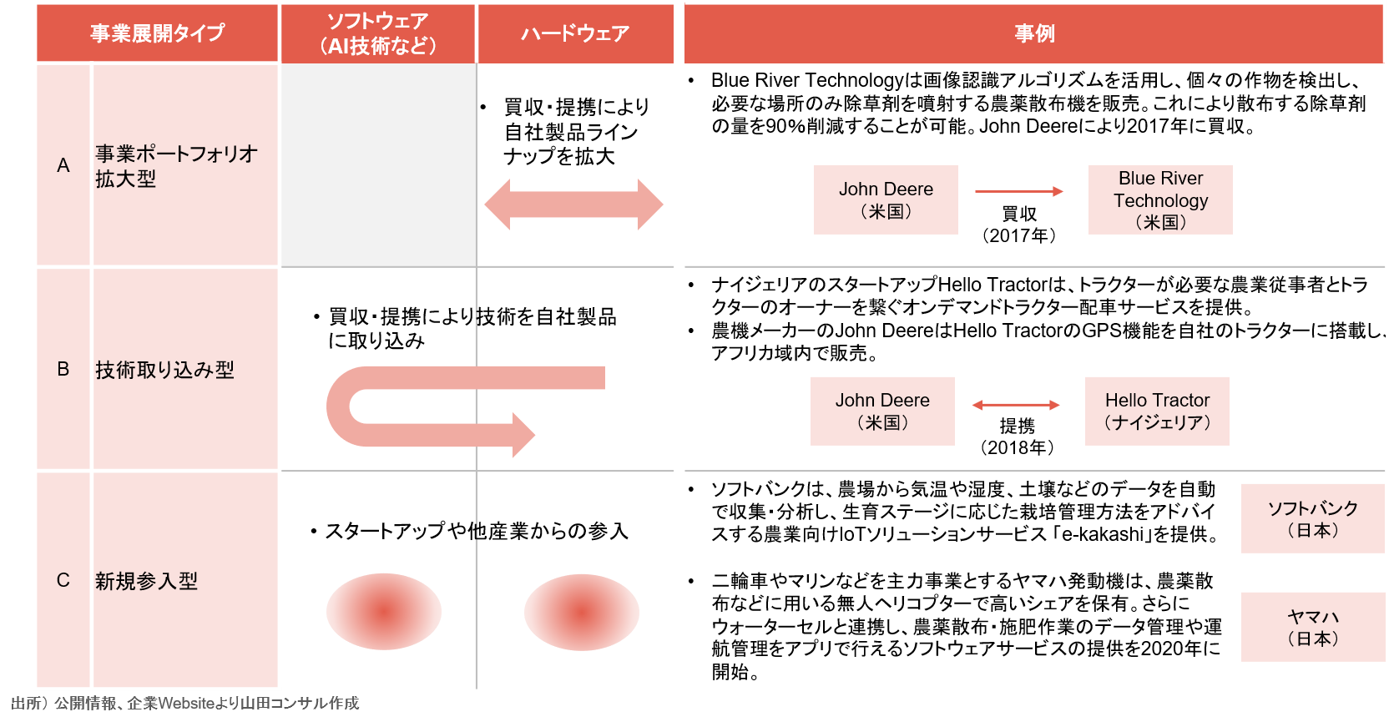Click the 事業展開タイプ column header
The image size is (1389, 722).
157,33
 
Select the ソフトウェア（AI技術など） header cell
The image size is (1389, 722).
377,33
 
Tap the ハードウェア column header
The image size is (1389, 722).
575,33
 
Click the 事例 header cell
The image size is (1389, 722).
1033,33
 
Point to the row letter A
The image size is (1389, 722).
63,165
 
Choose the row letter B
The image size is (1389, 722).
63,369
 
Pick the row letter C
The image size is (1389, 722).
63,580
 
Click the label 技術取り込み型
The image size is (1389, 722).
165,370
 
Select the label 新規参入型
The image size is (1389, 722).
146,581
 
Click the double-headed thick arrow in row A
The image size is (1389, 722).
573,204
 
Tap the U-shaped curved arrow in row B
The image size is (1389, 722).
338,406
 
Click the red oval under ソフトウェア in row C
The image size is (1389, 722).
384,612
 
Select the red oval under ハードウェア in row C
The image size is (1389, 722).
582,612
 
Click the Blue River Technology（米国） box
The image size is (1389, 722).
1160,199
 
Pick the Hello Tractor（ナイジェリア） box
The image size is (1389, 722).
1157,411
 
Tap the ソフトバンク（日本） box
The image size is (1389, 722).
1313,518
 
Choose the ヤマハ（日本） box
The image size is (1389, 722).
1313,627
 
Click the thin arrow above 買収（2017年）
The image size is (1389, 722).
1019,191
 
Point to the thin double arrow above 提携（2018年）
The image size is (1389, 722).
1016,405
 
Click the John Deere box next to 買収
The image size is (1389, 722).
886,199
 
